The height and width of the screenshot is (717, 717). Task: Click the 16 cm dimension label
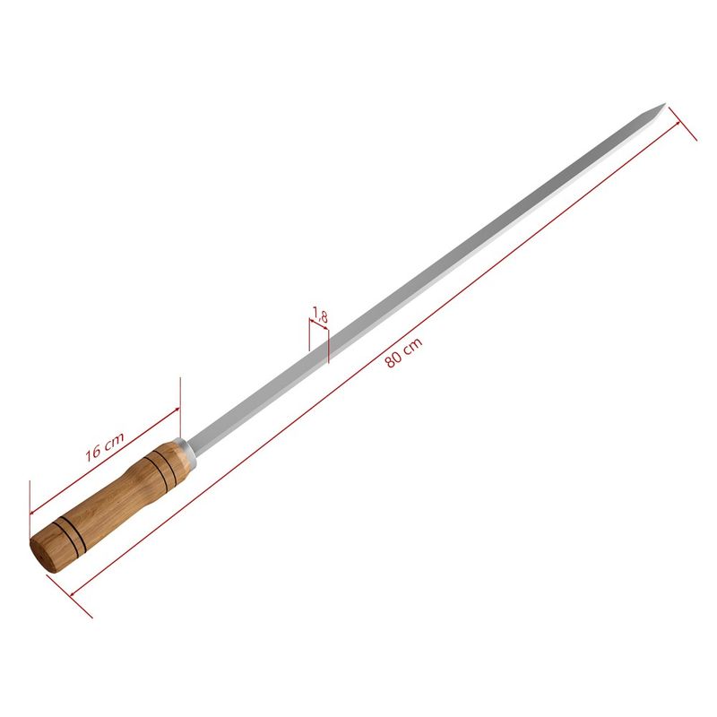(105, 446)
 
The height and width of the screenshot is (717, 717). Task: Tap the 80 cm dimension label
(403, 352)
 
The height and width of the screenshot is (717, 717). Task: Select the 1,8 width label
(321, 315)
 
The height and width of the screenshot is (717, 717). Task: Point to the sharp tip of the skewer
(664, 104)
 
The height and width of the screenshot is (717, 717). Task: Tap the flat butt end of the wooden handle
(42, 555)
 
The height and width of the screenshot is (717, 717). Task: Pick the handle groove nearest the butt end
(70, 534)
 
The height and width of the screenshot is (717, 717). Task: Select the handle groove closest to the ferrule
(161, 466)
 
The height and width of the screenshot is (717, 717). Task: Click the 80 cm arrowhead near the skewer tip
(676, 125)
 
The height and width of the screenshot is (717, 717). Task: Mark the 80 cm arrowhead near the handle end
(73, 593)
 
